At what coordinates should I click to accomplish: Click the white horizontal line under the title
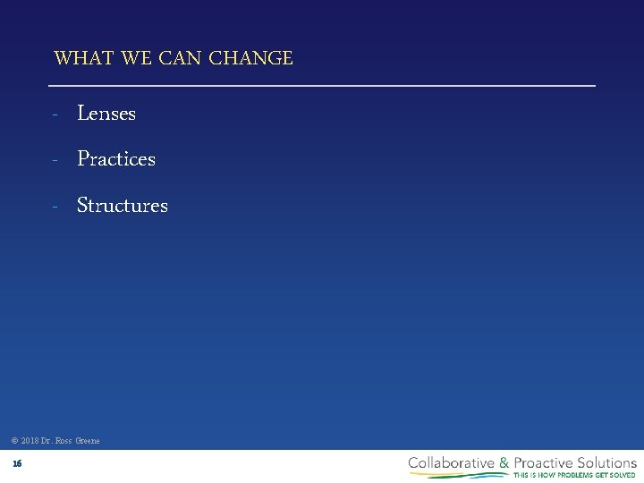click(321, 85)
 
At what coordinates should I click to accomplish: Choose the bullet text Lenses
click(106, 114)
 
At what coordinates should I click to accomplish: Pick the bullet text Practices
click(116, 159)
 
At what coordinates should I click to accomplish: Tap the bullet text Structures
click(123, 206)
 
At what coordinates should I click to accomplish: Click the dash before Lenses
click(55, 114)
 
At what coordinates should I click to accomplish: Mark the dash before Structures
click(55, 207)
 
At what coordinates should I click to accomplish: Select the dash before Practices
click(55, 160)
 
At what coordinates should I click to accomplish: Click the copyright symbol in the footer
click(14, 441)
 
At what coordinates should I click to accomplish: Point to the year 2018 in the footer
click(30, 441)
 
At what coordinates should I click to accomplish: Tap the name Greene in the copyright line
click(88, 441)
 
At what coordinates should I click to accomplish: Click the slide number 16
click(17, 463)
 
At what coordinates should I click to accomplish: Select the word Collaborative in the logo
click(452, 462)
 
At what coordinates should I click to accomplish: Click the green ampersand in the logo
click(504, 462)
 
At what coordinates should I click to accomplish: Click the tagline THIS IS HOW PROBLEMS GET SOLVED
click(573, 475)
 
